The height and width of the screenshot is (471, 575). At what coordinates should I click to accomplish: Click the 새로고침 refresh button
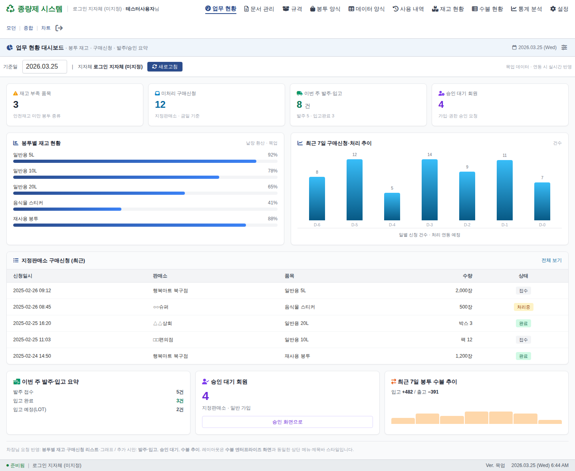click(x=165, y=67)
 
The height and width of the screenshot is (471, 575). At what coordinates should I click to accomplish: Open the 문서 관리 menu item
click(x=259, y=9)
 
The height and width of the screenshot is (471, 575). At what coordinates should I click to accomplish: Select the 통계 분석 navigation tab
click(x=526, y=9)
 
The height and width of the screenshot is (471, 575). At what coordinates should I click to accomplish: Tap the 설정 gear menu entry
click(x=559, y=9)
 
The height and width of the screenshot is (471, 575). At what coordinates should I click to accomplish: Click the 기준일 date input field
click(x=44, y=67)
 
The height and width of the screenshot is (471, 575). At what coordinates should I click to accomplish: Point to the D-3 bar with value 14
click(x=429, y=190)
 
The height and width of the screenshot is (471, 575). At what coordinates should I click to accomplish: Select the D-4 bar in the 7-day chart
click(x=392, y=206)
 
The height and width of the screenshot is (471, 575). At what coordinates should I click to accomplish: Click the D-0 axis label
click(x=542, y=225)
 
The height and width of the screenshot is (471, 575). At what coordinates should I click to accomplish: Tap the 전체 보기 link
click(x=551, y=260)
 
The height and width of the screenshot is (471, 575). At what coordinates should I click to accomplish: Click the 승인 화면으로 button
click(x=287, y=422)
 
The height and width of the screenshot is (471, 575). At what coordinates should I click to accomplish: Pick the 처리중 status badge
click(x=523, y=307)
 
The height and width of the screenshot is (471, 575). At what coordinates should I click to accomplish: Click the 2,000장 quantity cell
click(x=464, y=291)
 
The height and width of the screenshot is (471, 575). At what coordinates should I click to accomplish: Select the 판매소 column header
click(x=160, y=276)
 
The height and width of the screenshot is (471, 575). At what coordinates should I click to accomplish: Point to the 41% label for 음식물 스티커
click(x=272, y=203)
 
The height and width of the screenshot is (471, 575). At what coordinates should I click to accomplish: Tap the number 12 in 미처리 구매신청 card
click(x=160, y=105)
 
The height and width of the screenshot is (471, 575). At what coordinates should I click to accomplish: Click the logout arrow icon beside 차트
click(x=59, y=28)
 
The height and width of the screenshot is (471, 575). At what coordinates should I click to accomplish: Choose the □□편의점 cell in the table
click(x=163, y=340)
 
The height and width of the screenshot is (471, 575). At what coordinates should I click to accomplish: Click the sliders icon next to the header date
click(x=564, y=47)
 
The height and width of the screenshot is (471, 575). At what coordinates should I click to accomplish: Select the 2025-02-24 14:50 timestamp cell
click(x=32, y=356)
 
